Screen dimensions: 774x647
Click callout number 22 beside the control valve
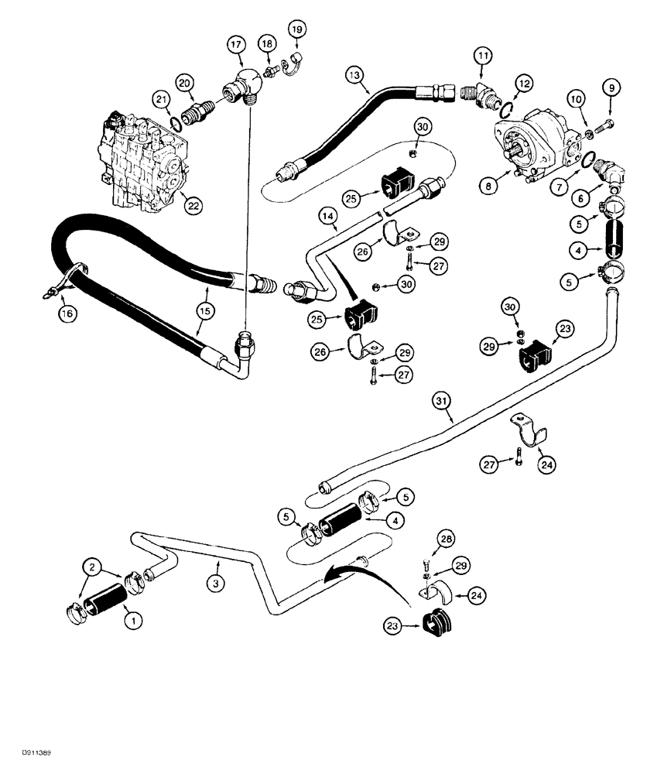[187, 204]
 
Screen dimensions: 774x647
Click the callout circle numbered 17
[235, 45]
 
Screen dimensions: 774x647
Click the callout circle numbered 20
[185, 83]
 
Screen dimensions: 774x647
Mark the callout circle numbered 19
[297, 31]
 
